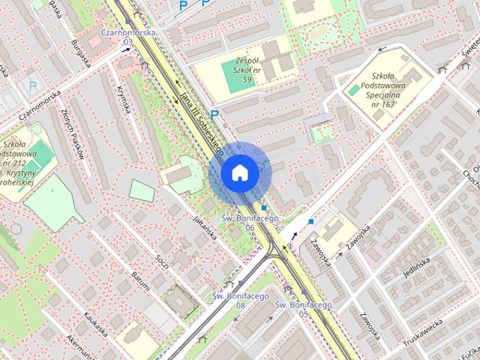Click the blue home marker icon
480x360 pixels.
click(240, 173)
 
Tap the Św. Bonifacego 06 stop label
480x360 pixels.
click(250, 221)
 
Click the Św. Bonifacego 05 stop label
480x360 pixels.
click(303, 308)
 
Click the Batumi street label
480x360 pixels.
click(140, 283)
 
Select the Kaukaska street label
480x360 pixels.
click(96, 323)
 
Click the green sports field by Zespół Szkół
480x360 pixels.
click(237, 79)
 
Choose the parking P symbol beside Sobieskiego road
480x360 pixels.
click(214, 115)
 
